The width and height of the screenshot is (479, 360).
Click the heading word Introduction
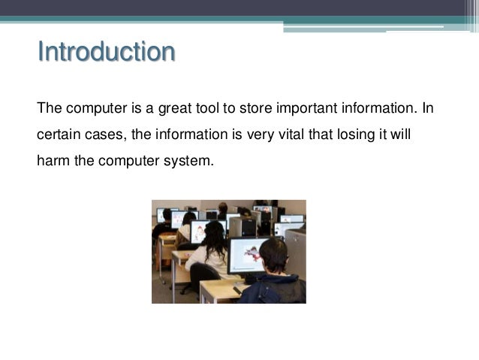click(x=106, y=53)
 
